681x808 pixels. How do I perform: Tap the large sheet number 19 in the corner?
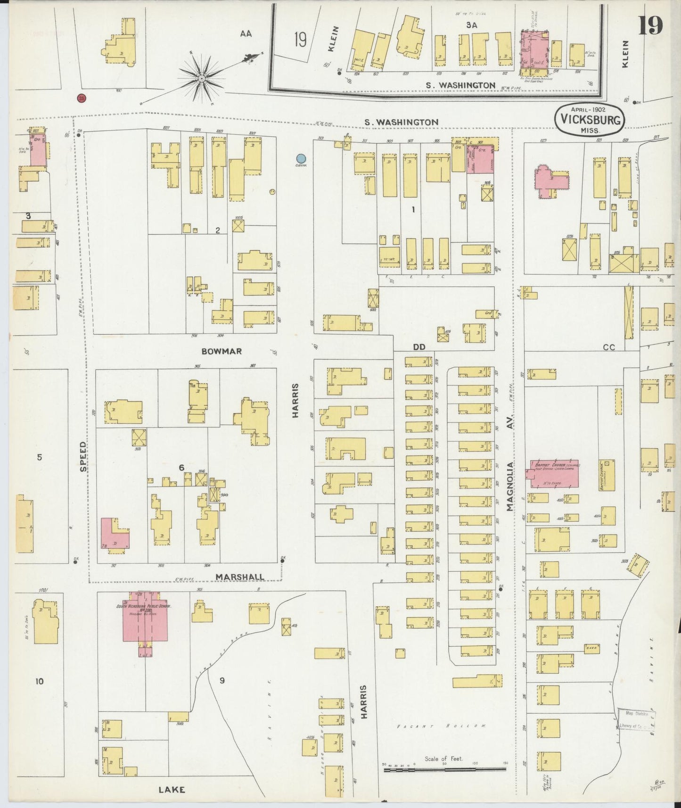click(651, 25)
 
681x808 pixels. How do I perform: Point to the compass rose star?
click(201, 78)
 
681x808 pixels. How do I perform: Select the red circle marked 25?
click(82, 98)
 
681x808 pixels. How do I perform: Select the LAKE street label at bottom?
click(172, 790)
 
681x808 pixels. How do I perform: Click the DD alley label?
click(419, 346)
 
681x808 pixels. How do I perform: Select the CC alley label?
click(609, 347)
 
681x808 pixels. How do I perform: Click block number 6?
click(181, 467)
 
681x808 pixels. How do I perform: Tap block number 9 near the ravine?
click(222, 680)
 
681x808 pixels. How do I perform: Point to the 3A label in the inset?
click(472, 25)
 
